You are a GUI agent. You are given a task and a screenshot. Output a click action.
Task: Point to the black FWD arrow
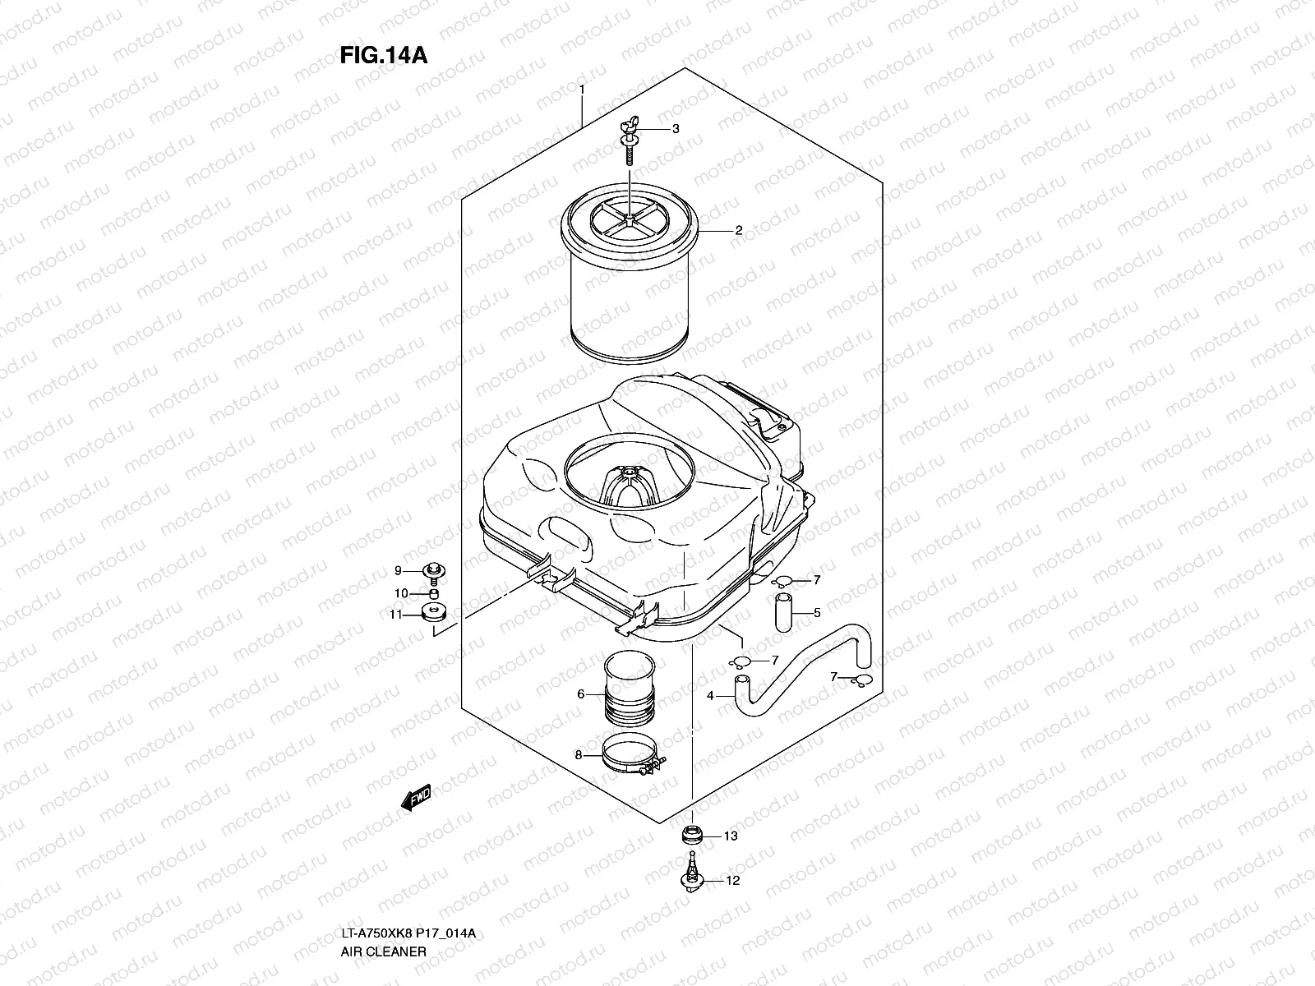coord(415,796)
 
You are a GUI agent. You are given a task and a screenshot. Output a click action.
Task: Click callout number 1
coord(581,88)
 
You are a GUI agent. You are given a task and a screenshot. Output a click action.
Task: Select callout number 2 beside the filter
coord(738,231)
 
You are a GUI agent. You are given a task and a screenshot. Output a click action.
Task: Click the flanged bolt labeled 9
coord(432,571)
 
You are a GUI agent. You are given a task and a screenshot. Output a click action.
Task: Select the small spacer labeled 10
coord(432,593)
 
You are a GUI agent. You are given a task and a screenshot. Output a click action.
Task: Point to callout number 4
coord(711,697)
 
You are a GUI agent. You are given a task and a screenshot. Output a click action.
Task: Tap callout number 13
coord(731,836)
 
